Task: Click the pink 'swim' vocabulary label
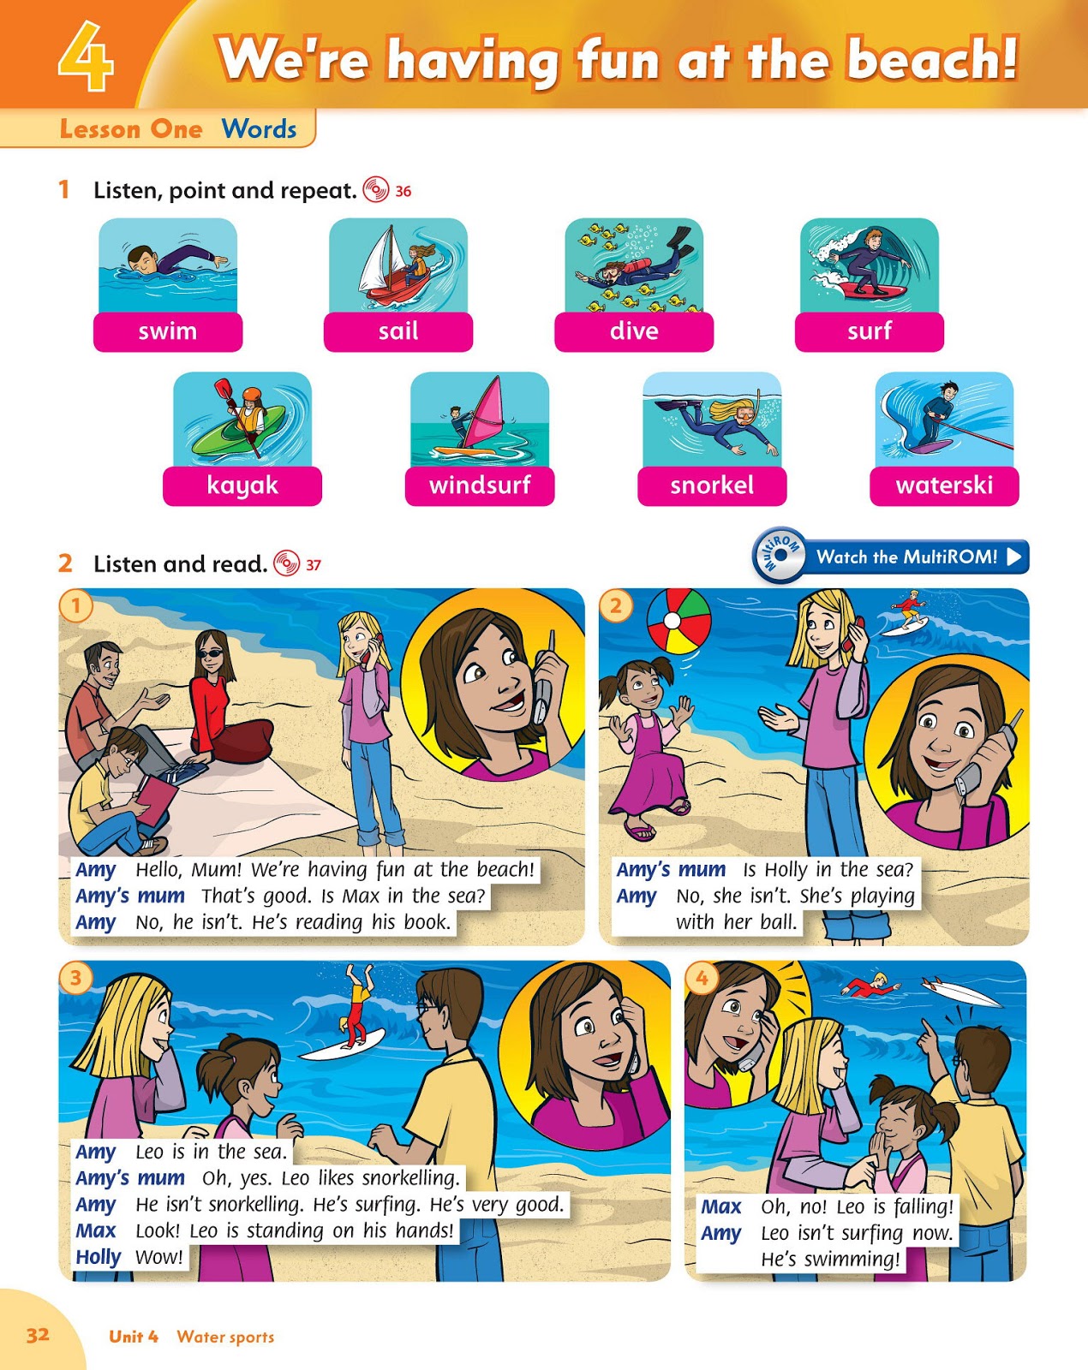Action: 168,331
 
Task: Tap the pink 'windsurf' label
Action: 479,485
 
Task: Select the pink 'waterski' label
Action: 944,485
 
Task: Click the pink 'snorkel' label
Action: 712,485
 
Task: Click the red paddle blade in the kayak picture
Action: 224,389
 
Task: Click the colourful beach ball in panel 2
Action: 679,621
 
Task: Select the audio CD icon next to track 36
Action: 375,190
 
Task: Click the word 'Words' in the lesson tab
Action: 260,129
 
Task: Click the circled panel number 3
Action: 75,977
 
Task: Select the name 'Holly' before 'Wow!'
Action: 99,1257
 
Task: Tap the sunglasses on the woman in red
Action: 211,654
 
